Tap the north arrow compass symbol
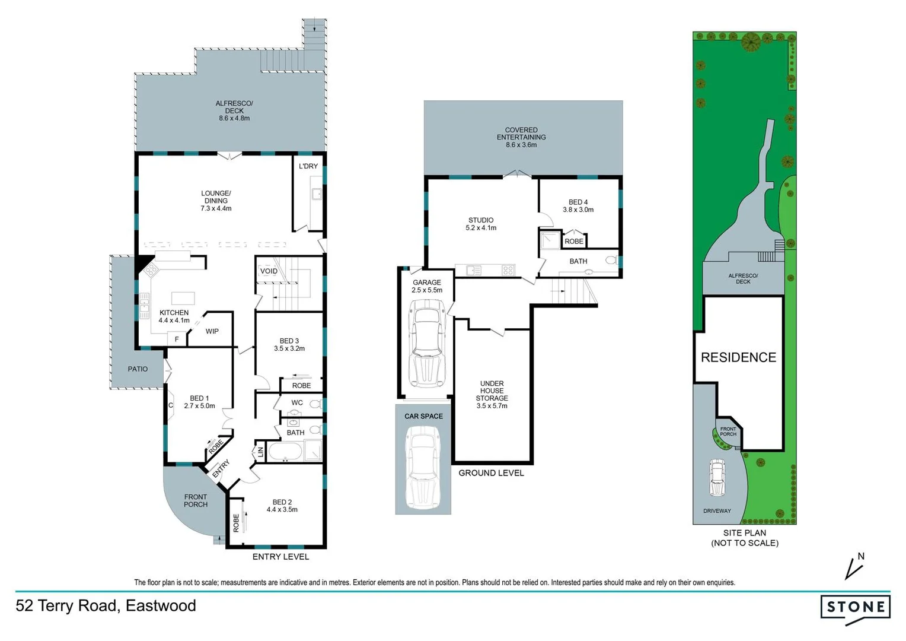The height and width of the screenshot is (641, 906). (854, 566)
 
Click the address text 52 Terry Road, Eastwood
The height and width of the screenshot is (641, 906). (106, 605)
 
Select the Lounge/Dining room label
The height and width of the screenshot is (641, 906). (216, 201)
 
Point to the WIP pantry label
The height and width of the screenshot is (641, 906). (212, 331)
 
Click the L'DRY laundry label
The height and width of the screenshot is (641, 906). (308, 166)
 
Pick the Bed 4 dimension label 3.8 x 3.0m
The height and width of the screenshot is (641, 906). (578, 210)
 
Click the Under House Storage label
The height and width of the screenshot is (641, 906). (492, 394)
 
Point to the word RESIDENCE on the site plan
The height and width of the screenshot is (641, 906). (738, 357)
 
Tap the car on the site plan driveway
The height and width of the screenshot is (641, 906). (717, 478)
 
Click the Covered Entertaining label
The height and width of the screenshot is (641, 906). (521, 137)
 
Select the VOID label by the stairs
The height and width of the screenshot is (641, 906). (269, 271)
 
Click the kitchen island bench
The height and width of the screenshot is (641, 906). (183, 298)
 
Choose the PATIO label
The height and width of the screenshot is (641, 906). (138, 369)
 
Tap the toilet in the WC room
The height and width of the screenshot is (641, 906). (315, 404)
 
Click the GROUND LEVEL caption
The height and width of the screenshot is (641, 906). (491, 473)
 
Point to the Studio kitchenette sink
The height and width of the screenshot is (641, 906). (473, 270)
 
